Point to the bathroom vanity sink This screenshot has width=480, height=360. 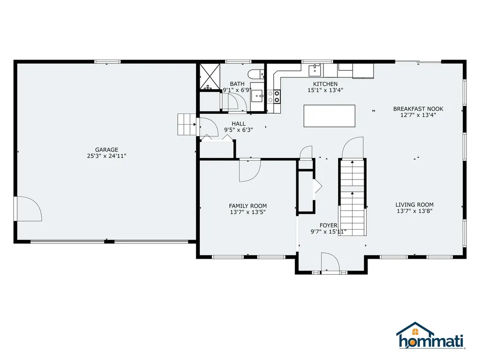click(257, 97)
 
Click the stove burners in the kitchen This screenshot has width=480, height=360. click(274, 97)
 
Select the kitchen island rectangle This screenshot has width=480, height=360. click(330, 116)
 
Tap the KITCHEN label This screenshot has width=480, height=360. click(325, 84)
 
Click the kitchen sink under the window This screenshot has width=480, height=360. click(315, 71)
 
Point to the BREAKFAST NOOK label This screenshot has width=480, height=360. click(418, 109)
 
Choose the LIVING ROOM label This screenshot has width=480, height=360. click(414, 204)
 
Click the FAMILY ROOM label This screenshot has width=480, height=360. click(248, 206)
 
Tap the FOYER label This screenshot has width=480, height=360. click(329, 225)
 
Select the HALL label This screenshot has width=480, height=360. click(238, 124)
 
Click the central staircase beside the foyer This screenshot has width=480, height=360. click(352, 197)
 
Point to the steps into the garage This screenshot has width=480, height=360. click(186, 124)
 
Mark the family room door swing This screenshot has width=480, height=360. click(249, 170)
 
